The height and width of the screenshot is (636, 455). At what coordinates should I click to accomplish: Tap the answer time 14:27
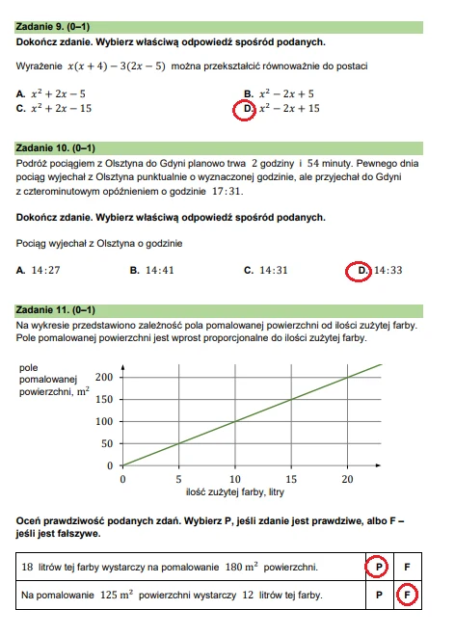(45, 271)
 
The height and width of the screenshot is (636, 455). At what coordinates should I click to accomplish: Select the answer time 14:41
(159, 271)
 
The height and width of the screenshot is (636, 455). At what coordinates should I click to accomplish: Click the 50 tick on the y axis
(106, 443)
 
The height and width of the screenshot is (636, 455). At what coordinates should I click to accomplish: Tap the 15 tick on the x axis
(291, 478)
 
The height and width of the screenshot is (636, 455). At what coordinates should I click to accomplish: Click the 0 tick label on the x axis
(122, 478)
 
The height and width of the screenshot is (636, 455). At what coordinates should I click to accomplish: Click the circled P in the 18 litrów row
(379, 568)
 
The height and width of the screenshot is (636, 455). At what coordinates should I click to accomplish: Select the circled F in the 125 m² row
(408, 596)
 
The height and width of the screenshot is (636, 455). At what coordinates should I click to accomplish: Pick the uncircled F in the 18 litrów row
(408, 568)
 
